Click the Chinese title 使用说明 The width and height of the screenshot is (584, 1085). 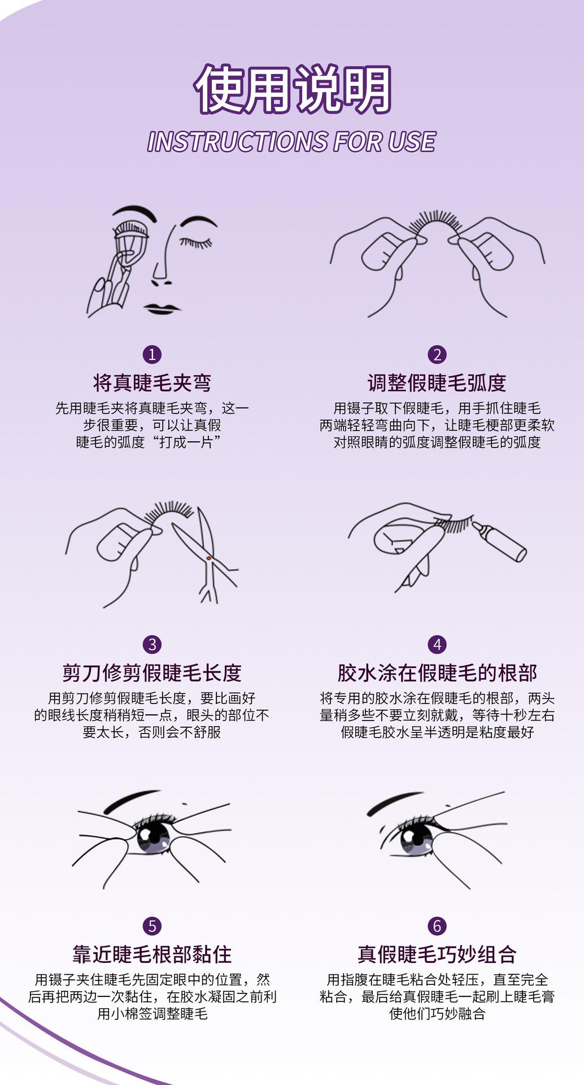coord(293,89)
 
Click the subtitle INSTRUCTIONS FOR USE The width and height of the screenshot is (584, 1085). coord(291,141)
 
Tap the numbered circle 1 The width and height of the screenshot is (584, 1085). coord(152,355)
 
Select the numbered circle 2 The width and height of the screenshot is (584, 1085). coord(437,355)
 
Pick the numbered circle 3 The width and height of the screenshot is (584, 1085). coord(152,645)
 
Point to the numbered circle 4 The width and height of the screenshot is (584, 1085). coord(437,645)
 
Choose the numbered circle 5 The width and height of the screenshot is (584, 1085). coord(152,926)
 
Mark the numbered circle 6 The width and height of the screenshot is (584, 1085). coord(437,926)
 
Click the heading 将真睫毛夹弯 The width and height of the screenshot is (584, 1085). coord(152,383)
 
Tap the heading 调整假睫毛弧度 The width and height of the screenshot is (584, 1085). coord(437,383)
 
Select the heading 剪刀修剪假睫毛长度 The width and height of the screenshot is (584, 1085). coord(152,673)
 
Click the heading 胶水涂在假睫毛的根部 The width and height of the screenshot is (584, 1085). coord(437,673)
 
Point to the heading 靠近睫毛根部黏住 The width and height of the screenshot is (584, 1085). coord(152,954)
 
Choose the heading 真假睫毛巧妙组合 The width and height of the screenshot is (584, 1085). coord(437,954)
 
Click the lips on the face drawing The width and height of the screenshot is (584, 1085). coord(162,309)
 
